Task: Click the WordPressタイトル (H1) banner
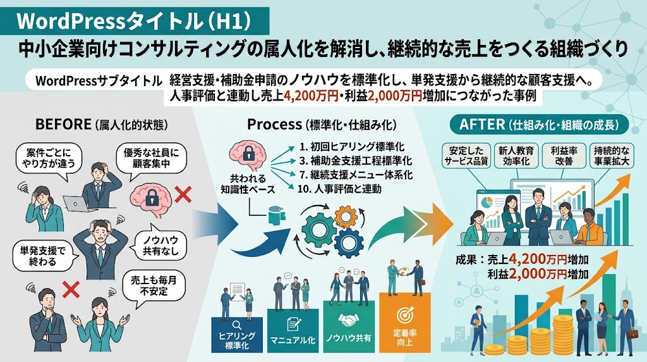[135, 21]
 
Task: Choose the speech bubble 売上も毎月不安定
[154, 285]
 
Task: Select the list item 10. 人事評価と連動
[339, 189]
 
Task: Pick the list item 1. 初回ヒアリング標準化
[352, 147]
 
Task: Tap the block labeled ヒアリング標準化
[237, 335]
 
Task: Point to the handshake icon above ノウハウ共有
[349, 320]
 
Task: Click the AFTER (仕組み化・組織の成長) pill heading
[539, 125]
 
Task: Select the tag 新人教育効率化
[516, 156]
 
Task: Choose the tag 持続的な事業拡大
[612, 156]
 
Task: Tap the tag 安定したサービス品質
[466, 156]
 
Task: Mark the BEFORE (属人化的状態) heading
[102, 125]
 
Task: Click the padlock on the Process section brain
[248, 154]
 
